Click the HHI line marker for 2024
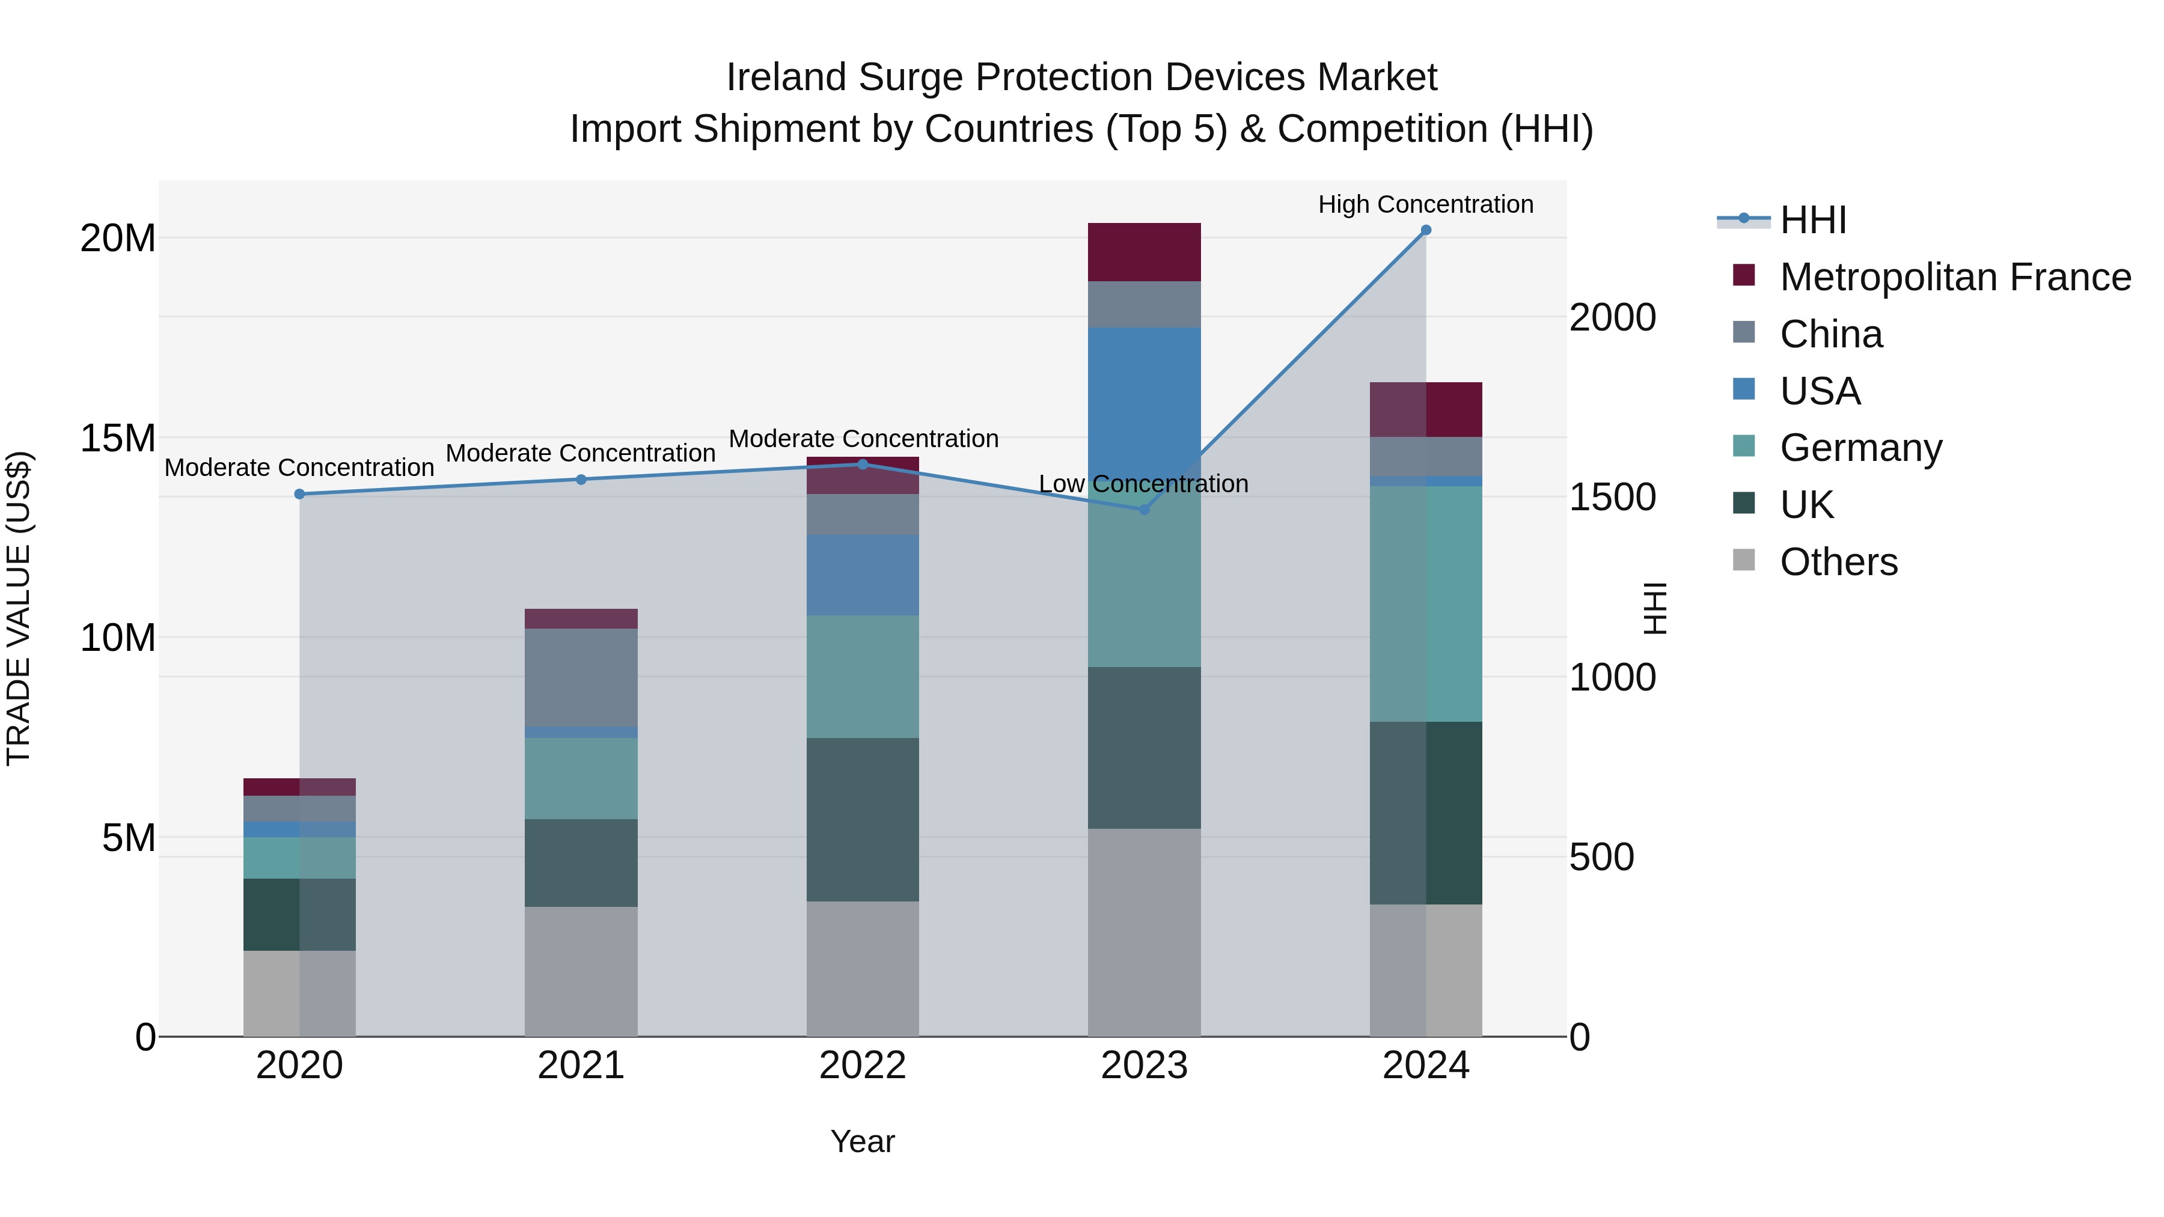1426,230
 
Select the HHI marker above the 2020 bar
299,494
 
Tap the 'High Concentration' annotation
1426,204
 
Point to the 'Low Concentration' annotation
1143,484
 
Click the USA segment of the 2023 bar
1143,403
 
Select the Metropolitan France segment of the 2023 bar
1143,252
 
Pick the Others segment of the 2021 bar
581,971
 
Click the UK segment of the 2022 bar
862,819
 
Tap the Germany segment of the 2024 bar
1426,603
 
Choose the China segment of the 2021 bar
581,677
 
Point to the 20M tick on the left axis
118,239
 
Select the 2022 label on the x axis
862,1066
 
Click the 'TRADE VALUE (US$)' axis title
19,608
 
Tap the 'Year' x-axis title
862,1141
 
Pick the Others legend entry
1838,562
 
